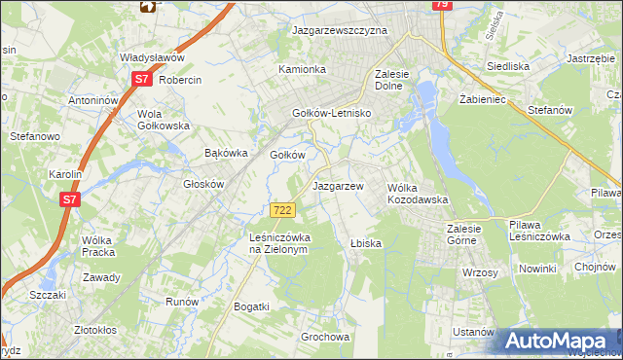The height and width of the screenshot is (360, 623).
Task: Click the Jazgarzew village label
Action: (x=338, y=185)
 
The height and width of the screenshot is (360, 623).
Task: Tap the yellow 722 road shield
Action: (x=283, y=210)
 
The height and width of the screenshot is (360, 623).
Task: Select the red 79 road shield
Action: (x=441, y=6)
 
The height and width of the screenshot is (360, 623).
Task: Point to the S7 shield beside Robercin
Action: (x=142, y=80)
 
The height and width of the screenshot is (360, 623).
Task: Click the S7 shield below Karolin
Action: (x=69, y=199)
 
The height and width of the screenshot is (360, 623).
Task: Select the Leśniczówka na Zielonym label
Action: (x=278, y=243)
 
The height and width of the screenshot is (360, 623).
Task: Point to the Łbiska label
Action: (x=365, y=243)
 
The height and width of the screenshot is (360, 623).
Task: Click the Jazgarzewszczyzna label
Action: (x=340, y=30)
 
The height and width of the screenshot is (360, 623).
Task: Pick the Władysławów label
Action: (x=152, y=58)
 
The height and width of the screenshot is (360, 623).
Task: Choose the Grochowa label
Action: (x=325, y=338)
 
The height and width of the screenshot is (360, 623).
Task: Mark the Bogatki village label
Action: (x=251, y=306)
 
